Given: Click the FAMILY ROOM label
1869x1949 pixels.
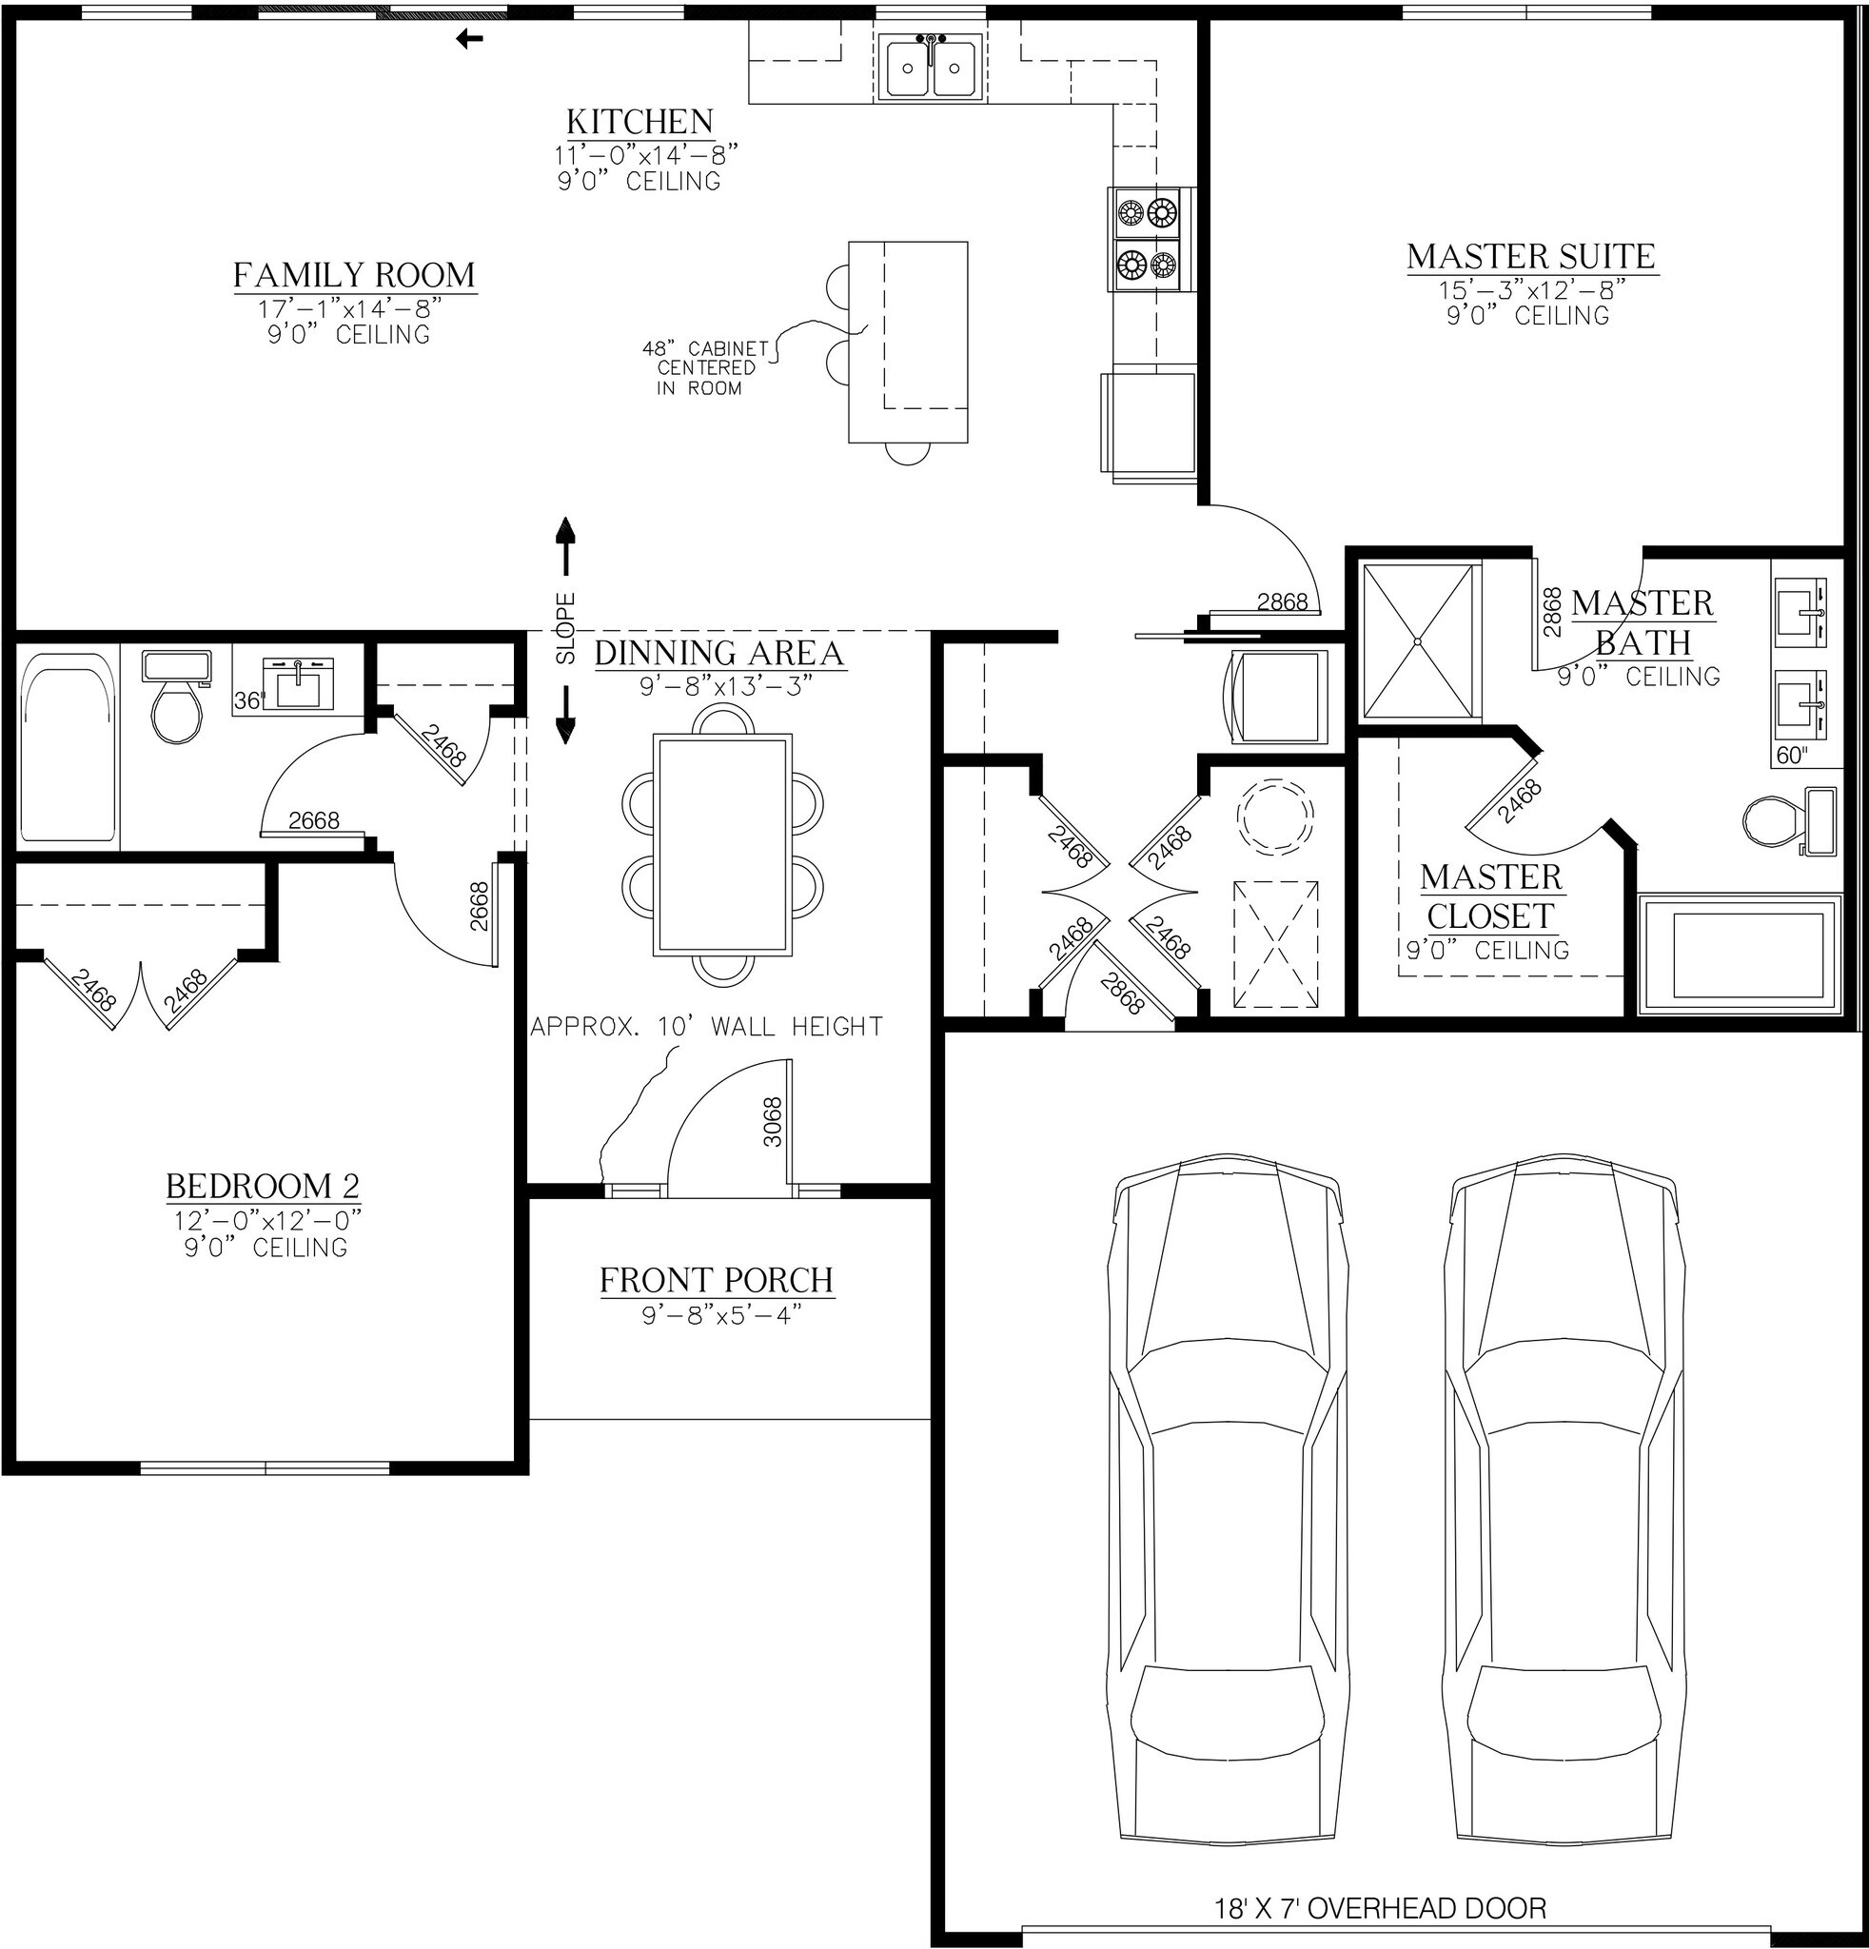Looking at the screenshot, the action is tap(354, 274).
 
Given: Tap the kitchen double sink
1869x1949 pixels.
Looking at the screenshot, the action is tap(931, 67).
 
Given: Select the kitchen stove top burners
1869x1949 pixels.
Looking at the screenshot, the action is tap(1148, 239).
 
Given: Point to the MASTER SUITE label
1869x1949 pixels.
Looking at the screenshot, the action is tap(1531, 257).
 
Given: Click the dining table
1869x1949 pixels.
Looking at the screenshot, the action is tap(722, 845).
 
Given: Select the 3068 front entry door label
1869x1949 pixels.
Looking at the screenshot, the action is tap(774, 1122).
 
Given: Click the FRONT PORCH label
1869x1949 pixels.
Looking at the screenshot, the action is tap(717, 1280).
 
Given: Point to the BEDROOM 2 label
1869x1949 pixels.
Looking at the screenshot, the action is tap(263, 1187).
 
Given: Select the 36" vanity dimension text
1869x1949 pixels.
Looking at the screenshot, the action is tap(247, 701).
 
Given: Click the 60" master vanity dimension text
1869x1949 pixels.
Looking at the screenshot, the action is tap(1790, 756).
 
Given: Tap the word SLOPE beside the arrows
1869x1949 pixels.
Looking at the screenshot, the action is tap(565, 628).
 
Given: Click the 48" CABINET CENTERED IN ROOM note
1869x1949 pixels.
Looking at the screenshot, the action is tap(706, 368).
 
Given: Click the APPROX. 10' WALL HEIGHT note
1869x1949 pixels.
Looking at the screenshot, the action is tap(707, 1026).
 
